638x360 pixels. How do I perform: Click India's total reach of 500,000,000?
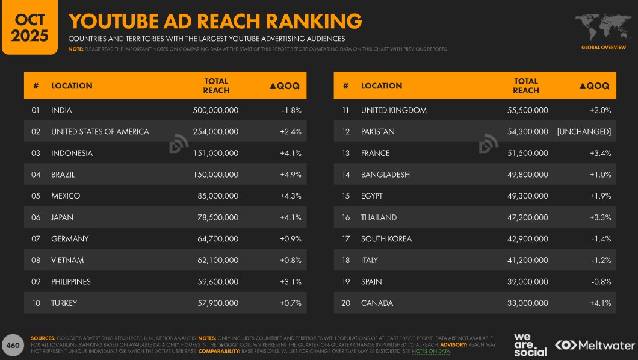[215, 110]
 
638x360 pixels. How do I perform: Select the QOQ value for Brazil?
[290, 175]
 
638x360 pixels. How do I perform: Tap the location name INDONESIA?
[72, 153]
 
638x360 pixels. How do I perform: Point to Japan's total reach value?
[218, 217]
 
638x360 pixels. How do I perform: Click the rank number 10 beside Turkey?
[36, 303]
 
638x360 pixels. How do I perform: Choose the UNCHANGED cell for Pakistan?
[584, 132]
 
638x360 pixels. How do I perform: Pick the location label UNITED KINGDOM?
[394, 110]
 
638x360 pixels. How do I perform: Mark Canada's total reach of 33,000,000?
[528, 303]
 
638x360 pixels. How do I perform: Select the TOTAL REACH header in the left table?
[216, 85]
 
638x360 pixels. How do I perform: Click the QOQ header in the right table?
[594, 86]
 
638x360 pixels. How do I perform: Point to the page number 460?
[13, 346]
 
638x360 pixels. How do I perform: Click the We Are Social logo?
[530, 344]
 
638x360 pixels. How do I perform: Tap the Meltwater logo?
[595, 345]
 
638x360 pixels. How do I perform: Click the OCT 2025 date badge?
[30, 28]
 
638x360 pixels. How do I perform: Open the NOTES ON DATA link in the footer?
[431, 351]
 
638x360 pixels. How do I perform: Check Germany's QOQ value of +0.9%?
[290, 239]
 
